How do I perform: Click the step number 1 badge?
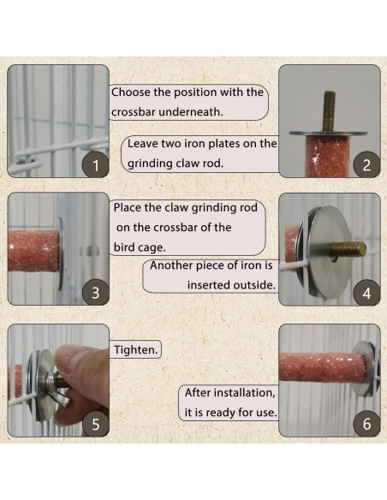[x=95, y=164]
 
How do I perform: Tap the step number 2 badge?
[x=366, y=164]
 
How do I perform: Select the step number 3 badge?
[x=95, y=293]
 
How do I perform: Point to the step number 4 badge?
[x=366, y=293]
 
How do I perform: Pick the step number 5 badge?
[x=95, y=424]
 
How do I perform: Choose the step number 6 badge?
[x=366, y=424]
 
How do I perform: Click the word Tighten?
[x=136, y=350]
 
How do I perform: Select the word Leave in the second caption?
[x=142, y=144]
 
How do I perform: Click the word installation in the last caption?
[x=244, y=392]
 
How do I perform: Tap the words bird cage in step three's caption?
[x=140, y=247]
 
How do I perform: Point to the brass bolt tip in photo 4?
[x=362, y=249]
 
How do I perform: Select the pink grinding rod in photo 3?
[x=33, y=251]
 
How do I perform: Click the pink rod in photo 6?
[x=323, y=367]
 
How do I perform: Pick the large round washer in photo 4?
[x=330, y=252]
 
